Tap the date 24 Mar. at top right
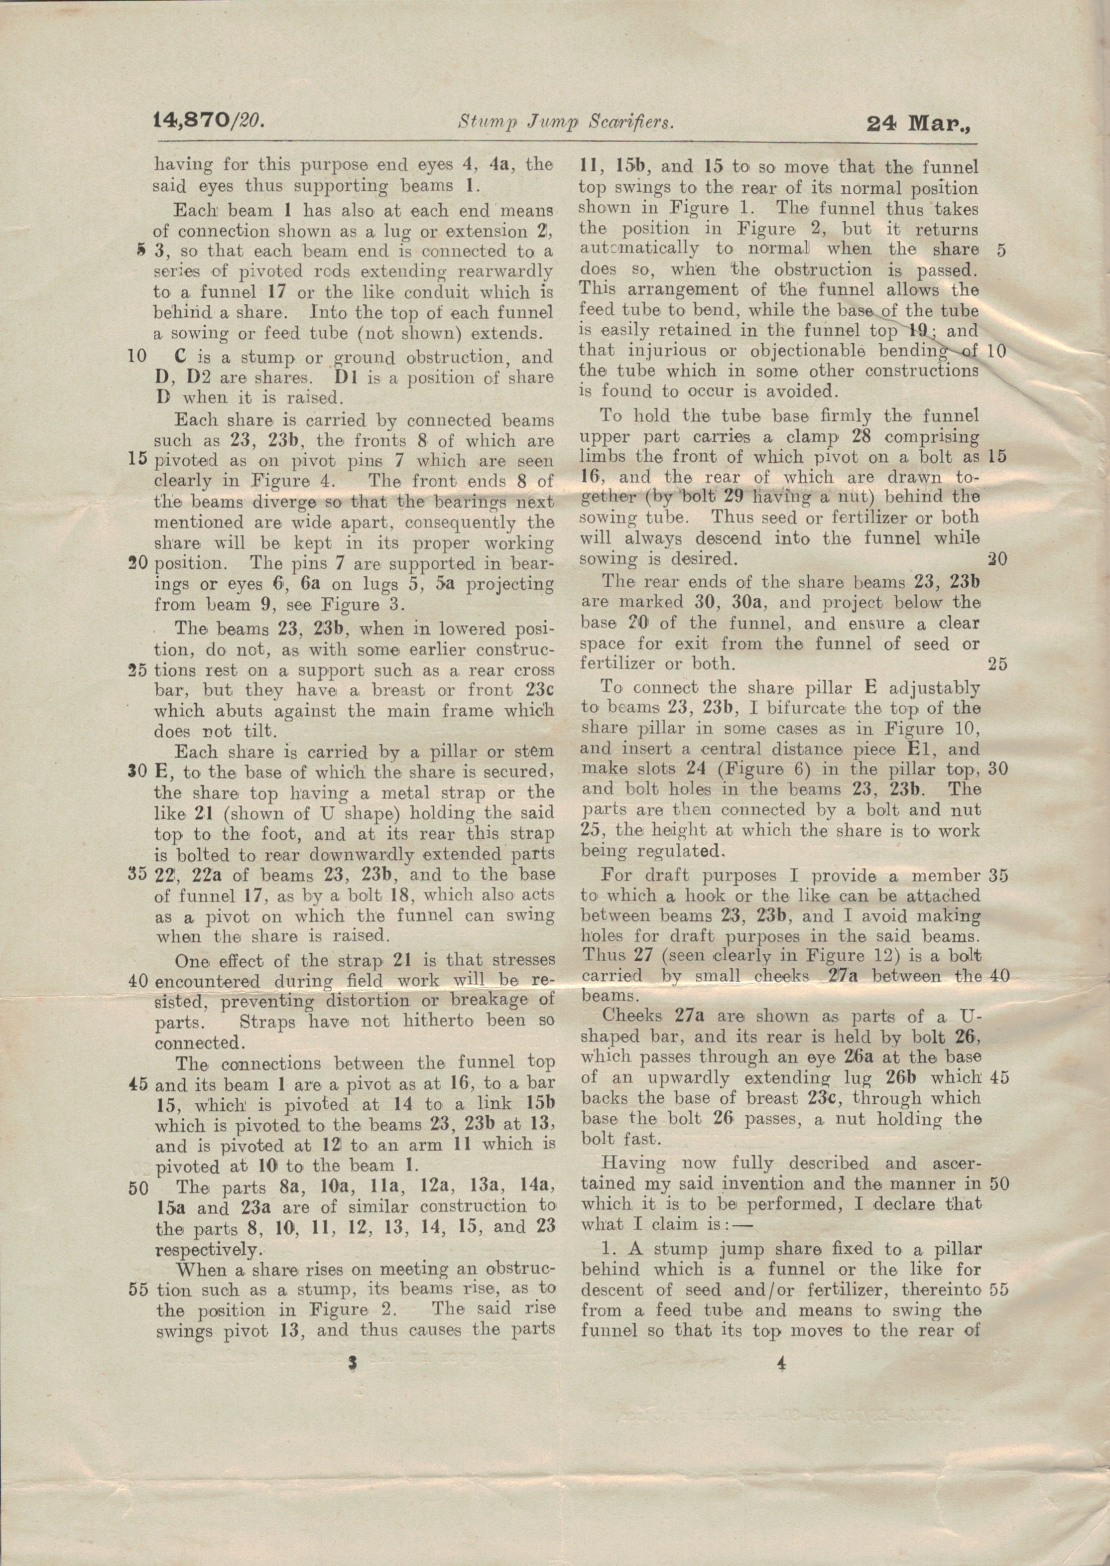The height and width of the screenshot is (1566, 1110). click(918, 123)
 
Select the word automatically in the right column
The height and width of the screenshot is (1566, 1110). click(639, 249)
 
